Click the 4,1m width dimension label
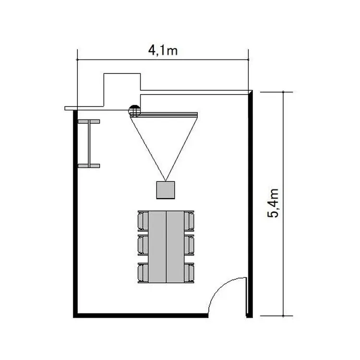(163, 50)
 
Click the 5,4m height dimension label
(273, 203)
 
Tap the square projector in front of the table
(166, 190)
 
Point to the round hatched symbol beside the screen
(134, 111)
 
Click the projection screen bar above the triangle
(164, 115)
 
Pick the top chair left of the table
(143, 221)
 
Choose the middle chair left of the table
(143, 245)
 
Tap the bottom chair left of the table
(143, 273)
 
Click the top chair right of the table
(189, 221)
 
